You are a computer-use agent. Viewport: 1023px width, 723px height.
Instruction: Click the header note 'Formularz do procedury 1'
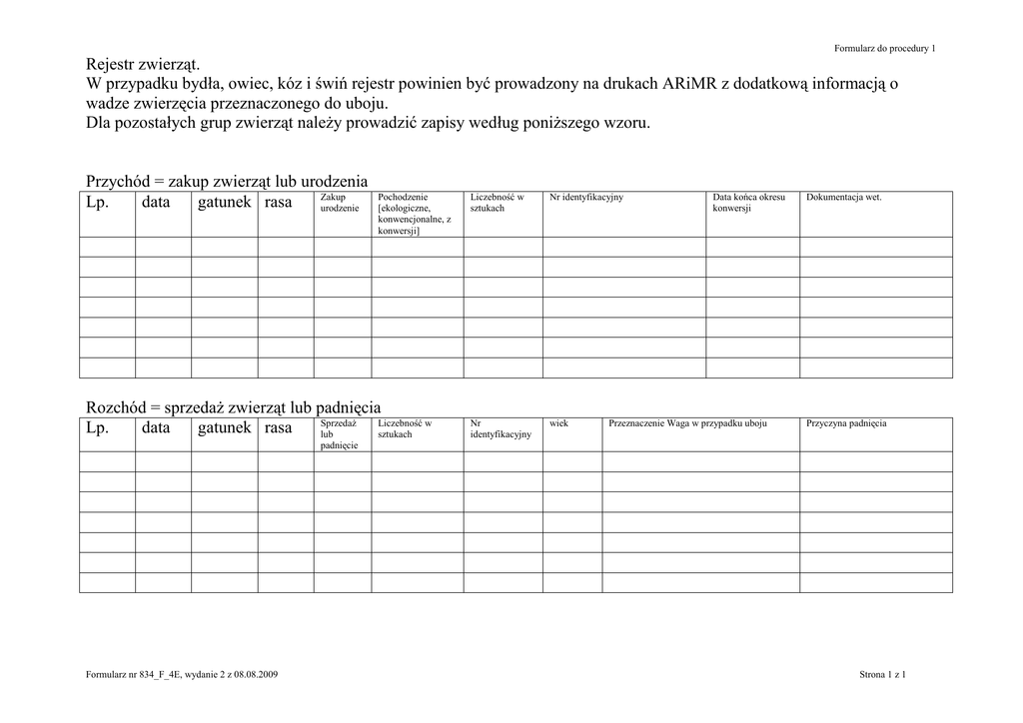pyautogui.click(x=885, y=49)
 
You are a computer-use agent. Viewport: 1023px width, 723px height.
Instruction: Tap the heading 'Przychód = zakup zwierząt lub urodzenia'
pyautogui.click(x=228, y=181)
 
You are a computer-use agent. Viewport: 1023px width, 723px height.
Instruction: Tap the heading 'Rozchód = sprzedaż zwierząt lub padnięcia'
pyautogui.click(x=234, y=407)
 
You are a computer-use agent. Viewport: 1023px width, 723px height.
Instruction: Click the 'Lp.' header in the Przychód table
pyautogui.click(x=97, y=203)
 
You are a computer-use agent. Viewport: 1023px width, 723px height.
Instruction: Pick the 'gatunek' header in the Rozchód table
pyautogui.click(x=225, y=428)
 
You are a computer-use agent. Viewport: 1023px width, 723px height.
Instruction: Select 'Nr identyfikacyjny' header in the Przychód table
pyautogui.click(x=586, y=198)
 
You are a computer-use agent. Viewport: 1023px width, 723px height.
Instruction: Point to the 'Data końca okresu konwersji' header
pyautogui.click(x=749, y=203)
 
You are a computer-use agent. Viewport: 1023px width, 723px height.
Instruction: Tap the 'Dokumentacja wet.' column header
pyautogui.click(x=844, y=198)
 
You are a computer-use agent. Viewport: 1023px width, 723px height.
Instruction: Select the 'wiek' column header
pyautogui.click(x=558, y=423)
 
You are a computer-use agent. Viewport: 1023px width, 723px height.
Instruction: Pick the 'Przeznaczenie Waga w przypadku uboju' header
pyautogui.click(x=687, y=423)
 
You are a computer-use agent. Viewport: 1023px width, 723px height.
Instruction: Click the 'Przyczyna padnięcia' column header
pyautogui.click(x=846, y=423)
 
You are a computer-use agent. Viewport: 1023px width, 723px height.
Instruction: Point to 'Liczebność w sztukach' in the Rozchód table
pyautogui.click(x=405, y=428)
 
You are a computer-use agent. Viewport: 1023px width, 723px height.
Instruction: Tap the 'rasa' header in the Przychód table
pyautogui.click(x=279, y=203)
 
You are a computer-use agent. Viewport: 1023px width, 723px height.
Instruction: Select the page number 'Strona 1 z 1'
pyautogui.click(x=882, y=675)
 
